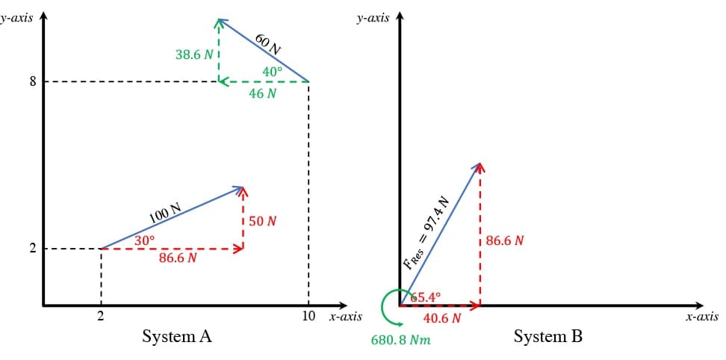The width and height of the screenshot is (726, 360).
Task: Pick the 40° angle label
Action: pos(273,72)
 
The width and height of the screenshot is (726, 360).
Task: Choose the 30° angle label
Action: pos(145,240)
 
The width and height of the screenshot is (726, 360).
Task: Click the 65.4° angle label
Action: pos(426,297)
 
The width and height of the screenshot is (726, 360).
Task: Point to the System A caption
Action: pos(177,337)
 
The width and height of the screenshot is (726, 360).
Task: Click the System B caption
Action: pos(547,337)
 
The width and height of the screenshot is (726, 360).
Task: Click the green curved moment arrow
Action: pos(388,306)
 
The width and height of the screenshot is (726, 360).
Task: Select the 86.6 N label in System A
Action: pos(179,258)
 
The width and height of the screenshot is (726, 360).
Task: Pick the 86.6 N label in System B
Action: pos(504,241)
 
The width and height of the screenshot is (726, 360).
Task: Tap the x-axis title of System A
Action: pos(345,317)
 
